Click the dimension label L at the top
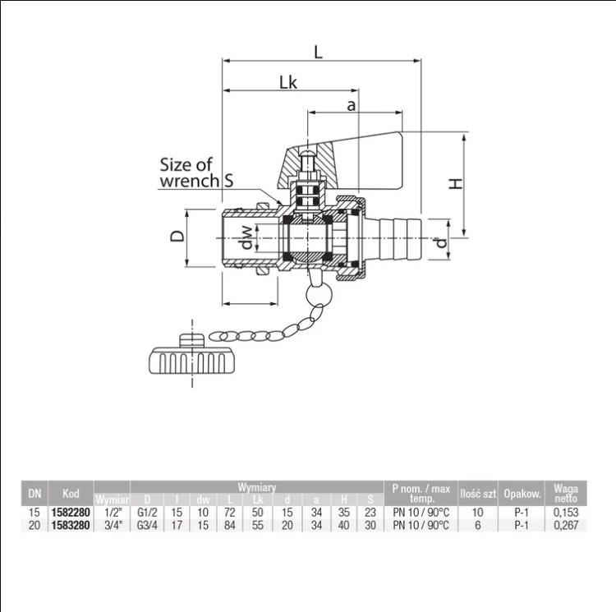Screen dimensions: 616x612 coord(318,52)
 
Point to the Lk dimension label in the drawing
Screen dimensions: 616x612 coord(288,82)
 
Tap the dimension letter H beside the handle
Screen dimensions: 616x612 coord(455,183)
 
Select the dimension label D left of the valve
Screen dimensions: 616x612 coord(177,236)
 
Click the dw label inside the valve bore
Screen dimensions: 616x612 coord(246,237)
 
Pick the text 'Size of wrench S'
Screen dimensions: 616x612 coord(196,173)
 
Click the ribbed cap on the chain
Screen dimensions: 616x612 coord(192,354)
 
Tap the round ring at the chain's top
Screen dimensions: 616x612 coord(319,295)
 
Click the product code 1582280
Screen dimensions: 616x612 coord(71,513)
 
